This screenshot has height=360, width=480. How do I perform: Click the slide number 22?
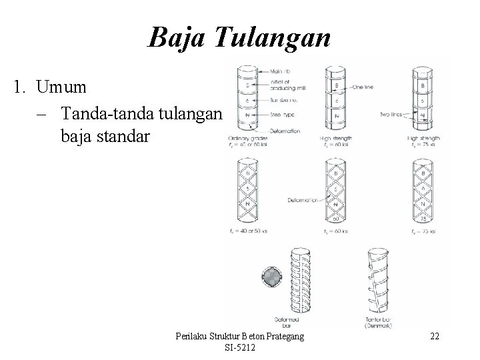[435, 337]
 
